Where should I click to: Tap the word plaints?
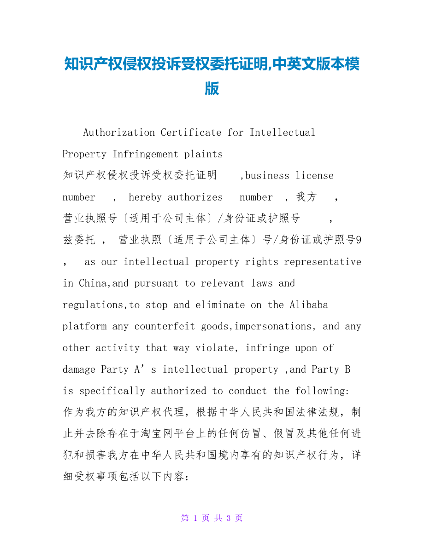[x=203, y=154]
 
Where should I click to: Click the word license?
[x=315, y=176]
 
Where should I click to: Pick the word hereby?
[x=145, y=197]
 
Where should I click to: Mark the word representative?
[x=323, y=262]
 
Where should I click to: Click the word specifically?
[x=112, y=391]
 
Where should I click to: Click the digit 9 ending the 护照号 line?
[x=359, y=240]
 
